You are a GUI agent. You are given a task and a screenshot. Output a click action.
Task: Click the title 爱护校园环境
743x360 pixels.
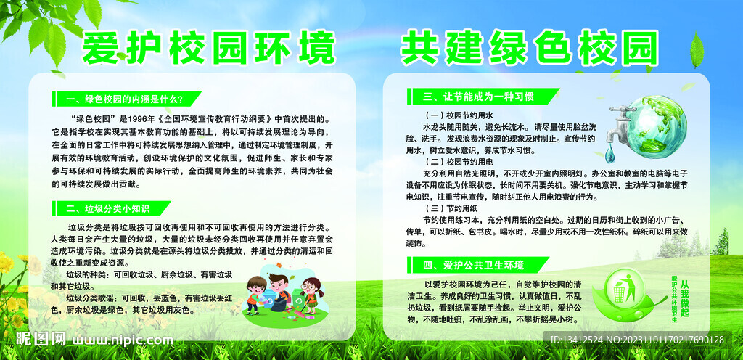point(210,49)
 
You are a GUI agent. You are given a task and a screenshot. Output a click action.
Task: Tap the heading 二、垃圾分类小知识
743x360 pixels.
point(108,208)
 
